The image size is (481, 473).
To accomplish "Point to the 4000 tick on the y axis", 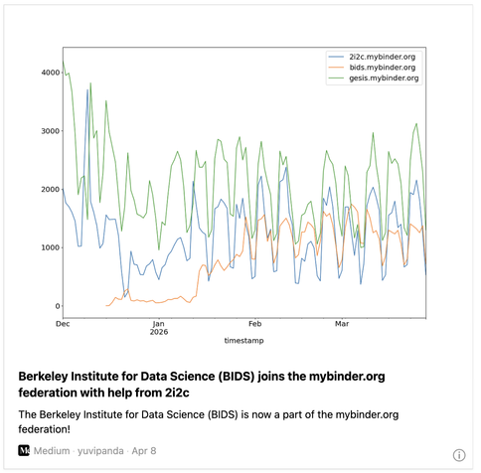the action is pos(51,73).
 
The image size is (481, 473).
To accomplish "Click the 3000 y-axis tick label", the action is pos(51,131).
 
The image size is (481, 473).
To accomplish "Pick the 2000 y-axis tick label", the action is pos(51,189).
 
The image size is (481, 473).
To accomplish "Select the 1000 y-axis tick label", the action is pos(51,247).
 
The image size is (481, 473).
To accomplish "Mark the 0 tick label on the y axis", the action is pos(58,306).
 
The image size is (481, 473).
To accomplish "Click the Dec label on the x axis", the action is pos(63,324).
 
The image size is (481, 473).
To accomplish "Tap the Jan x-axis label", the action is pos(159,324).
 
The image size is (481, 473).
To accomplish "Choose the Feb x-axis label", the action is pos(255,324).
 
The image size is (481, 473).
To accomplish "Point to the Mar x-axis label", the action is pos(342,324).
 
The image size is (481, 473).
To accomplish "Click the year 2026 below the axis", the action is pos(159,332).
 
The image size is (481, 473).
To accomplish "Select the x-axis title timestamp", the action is pos(243,341).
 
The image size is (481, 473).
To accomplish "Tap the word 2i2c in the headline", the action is pos(177,393).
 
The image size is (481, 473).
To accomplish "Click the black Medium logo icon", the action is pos(24,450).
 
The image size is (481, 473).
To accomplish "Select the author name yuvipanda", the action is pos(100,451).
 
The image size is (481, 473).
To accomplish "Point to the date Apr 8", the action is pos(144,451).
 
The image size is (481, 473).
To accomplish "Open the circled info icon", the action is pos(459,455).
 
